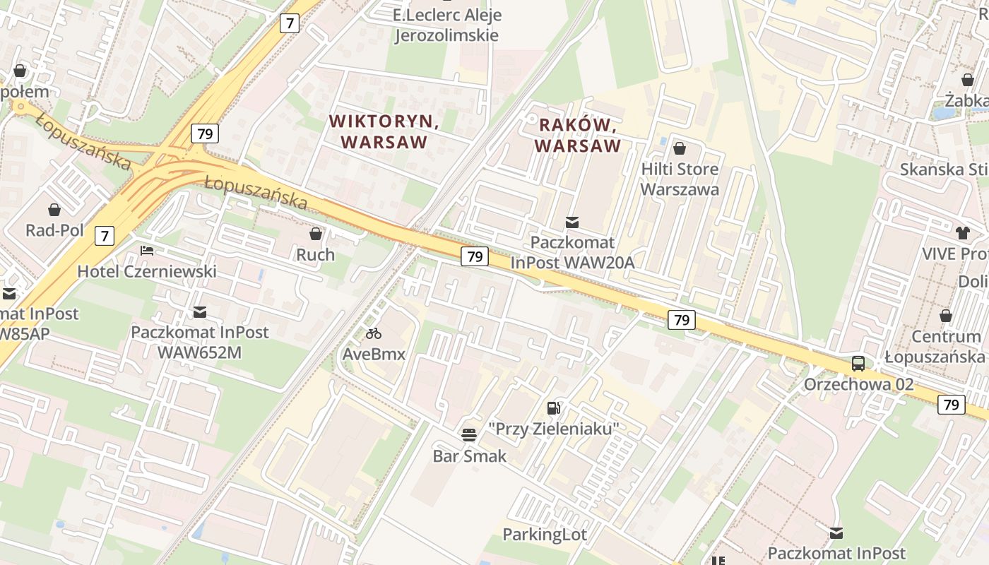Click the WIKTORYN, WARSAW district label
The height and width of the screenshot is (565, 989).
pos(384,131)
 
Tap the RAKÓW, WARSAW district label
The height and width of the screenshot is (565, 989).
pos(578,136)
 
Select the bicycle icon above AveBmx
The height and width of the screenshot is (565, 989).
pos(374,333)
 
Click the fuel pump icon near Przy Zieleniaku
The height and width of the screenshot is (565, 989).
pos(554,408)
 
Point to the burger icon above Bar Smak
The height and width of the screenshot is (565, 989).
pos(469,434)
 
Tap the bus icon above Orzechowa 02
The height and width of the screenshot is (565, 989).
pos(858,364)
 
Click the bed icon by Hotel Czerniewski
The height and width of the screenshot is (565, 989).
pos(147,250)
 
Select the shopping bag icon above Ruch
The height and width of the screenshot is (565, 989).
pos(316,233)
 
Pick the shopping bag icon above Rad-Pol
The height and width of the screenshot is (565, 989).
pos(54,210)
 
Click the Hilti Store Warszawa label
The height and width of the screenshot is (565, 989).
pos(680,179)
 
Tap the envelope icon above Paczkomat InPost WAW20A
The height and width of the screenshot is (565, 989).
pos(572,222)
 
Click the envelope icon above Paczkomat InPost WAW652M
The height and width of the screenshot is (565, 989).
pos(200,311)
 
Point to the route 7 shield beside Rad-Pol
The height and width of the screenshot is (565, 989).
pos(105,235)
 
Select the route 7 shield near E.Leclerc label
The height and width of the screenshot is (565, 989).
pos(290,23)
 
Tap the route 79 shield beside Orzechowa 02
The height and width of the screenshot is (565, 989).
pos(952,405)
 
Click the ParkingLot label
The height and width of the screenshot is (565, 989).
pos(545,535)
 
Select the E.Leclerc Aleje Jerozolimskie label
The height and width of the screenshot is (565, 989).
pos(446,25)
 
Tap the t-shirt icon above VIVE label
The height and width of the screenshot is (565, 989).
pos(963,232)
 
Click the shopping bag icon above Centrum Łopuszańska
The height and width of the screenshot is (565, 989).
pos(946,316)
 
